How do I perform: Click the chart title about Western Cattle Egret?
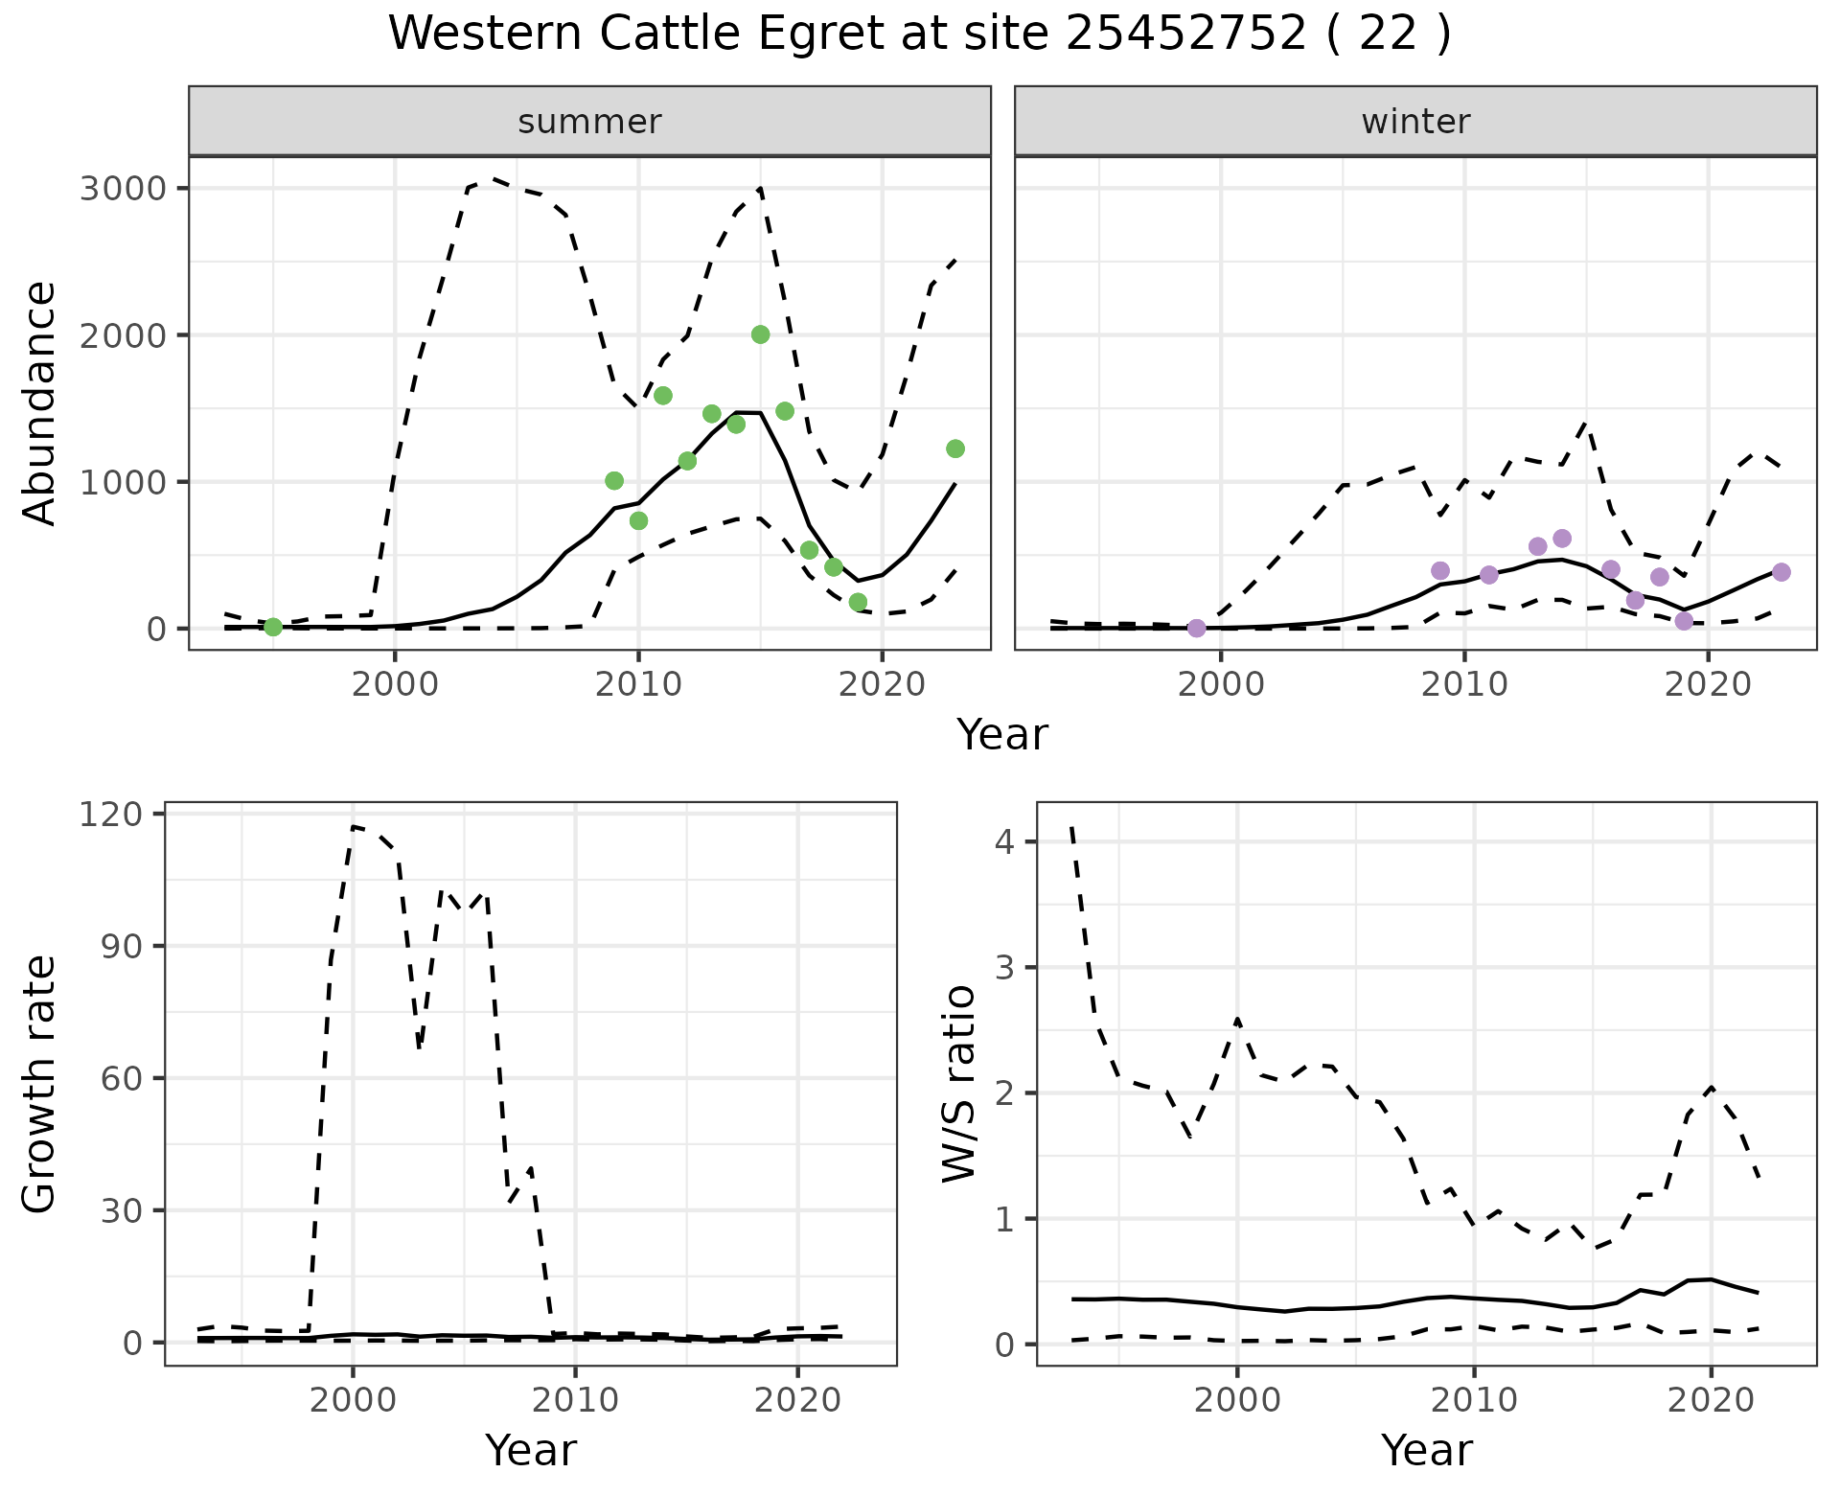[919, 34]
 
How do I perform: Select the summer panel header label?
[589, 122]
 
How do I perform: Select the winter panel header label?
[1415, 122]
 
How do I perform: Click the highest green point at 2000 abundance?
[760, 334]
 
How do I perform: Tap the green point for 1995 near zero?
[273, 627]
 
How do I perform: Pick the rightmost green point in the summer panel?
[954, 448]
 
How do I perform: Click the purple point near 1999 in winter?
[1196, 628]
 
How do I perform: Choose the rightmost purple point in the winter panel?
[1781, 572]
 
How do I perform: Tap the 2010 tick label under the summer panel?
[638, 686]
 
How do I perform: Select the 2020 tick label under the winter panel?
[1708, 686]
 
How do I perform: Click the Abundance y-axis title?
[40, 402]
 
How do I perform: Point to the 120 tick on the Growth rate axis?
[114, 814]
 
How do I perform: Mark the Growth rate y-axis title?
[40, 1085]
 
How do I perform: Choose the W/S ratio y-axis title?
[958, 1085]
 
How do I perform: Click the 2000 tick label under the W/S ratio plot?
[1237, 1400]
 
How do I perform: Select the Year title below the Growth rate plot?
[530, 1450]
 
